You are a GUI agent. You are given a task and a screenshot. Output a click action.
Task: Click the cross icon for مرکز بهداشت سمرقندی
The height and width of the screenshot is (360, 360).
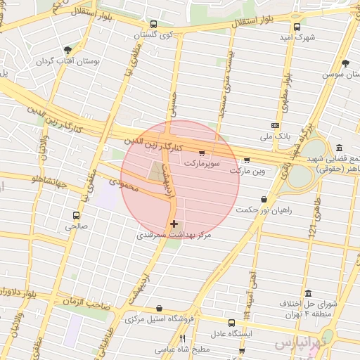174,224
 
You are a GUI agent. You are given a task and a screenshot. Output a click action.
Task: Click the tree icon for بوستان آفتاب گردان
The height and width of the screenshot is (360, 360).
67,50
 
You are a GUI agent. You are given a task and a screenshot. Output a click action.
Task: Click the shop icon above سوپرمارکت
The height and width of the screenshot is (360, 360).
202,152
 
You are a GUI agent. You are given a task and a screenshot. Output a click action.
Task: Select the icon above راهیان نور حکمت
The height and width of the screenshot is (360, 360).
264,199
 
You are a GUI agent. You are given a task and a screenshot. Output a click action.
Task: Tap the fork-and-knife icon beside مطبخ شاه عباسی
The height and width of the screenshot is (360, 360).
184,339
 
